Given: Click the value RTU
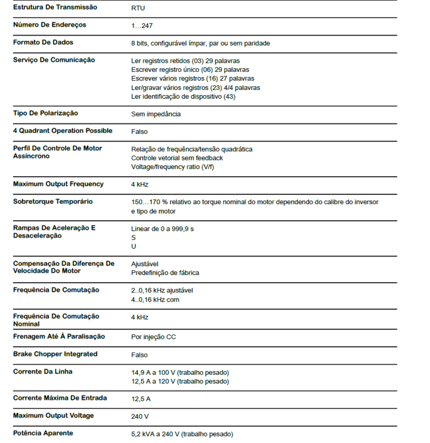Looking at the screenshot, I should pyautogui.click(x=138, y=8).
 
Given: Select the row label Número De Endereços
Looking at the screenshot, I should pyautogui.click(x=50, y=25).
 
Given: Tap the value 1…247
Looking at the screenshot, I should pyautogui.click(x=142, y=26).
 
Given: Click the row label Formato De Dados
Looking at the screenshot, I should pyautogui.click(x=43, y=43).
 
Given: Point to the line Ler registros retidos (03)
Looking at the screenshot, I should pyautogui.click(x=185, y=61).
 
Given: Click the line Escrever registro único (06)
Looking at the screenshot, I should pyautogui.click(x=190, y=70).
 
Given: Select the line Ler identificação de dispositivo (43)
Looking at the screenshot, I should pyautogui.click(x=183, y=96).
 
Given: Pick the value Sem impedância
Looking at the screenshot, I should pyautogui.click(x=156, y=114).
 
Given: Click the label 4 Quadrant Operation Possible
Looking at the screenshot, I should pyautogui.click(x=63, y=131).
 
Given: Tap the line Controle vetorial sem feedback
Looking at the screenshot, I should pyautogui.click(x=177, y=158).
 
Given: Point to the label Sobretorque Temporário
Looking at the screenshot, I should pyautogui.click(x=53, y=202).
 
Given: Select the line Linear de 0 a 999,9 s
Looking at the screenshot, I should pyautogui.click(x=162, y=229).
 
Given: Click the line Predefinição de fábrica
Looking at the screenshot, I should pyautogui.click(x=165, y=273).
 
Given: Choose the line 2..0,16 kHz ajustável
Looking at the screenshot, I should pyautogui.click(x=162, y=291).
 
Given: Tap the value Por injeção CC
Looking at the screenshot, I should pyautogui.click(x=153, y=337).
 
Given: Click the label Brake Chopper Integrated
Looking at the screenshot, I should pyautogui.click(x=55, y=354).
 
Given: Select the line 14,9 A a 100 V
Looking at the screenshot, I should pyautogui.click(x=180, y=372).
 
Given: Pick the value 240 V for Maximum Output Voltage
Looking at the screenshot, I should pyautogui.click(x=140, y=416).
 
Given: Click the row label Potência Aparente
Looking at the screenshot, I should pyautogui.click(x=43, y=433).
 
